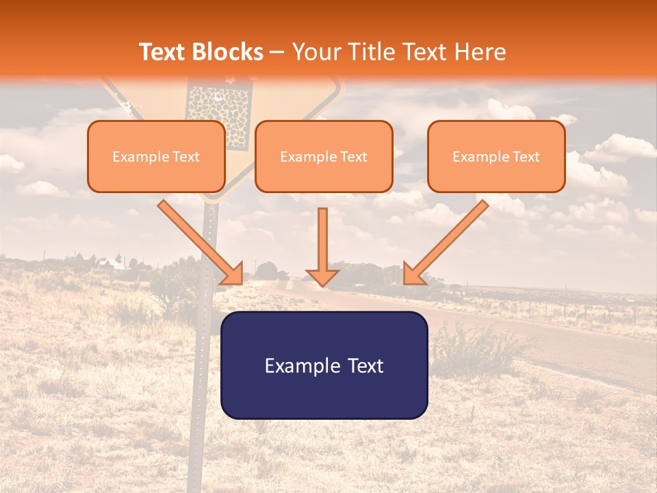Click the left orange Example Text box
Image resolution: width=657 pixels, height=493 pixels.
(x=156, y=157)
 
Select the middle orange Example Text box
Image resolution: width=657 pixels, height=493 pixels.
(x=324, y=157)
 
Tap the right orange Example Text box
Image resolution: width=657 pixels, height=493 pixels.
(x=496, y=157)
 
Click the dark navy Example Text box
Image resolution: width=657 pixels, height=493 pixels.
(x=324, y=365)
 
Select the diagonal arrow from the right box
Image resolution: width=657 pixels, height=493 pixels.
(x=446, y=242)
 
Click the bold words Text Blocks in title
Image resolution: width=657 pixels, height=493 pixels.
(x=201, y=52)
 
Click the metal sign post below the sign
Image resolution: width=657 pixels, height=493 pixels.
(x=203, y=342)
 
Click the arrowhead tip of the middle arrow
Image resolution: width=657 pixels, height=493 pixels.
(x=322, y=282)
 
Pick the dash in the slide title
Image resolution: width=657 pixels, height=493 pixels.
(x=277, y=53)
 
